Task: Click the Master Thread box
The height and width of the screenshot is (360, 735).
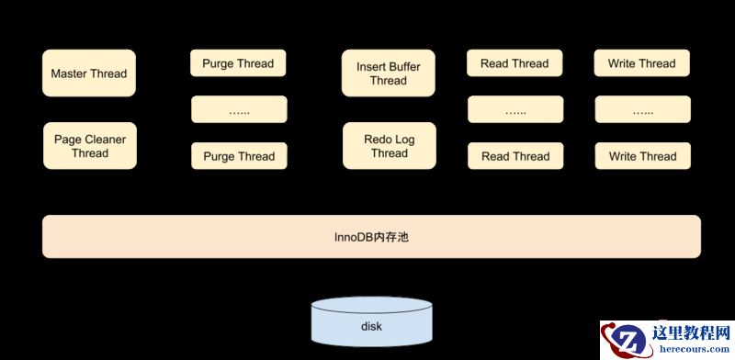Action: [x=89, y=73]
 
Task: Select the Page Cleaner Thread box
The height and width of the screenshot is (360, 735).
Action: [x=89, y=146]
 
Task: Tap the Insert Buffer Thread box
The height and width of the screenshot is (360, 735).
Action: [x=389, y=73]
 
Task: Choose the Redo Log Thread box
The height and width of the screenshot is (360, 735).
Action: [x=389, y=146]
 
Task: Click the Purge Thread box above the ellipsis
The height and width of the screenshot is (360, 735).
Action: [x=239, y=63]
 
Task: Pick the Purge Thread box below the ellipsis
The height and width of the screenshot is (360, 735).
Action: [x=239, y=156]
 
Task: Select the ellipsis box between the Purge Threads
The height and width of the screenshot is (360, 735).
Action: [x=239, y=110]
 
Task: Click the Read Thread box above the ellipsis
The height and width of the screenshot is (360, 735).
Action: [x=514, y=63]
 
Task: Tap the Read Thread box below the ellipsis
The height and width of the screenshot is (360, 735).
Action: [x=514, y=156]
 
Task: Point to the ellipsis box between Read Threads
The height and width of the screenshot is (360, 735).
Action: [x=514, y=110]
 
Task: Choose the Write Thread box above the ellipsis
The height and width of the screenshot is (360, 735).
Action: [x=641, y=63]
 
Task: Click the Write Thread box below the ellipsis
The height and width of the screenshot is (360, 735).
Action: [x=641, y=156]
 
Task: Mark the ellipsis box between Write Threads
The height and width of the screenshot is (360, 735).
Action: [x=641, y=110]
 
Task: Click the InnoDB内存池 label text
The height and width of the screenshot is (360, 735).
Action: [x=370, y=237]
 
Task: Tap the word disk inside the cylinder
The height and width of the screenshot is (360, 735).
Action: [x=371, y=327]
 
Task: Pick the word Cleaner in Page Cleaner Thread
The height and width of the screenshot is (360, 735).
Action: [x=105, y=140]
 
